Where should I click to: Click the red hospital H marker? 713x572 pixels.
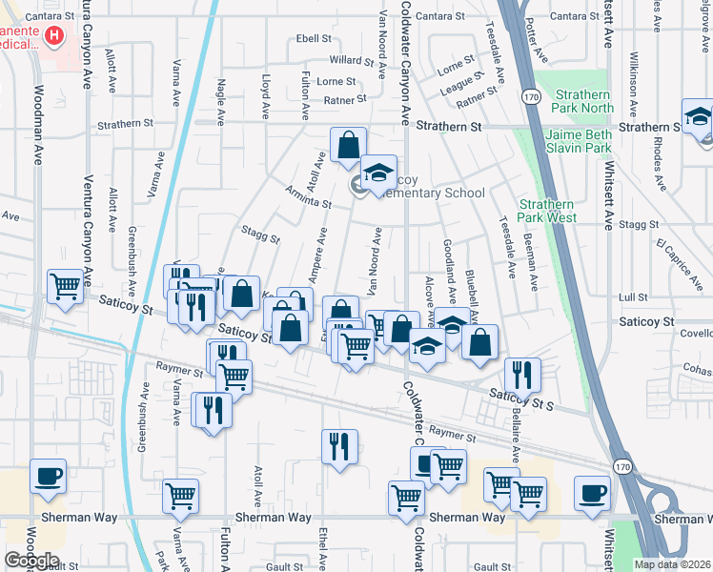(x=54, y=37)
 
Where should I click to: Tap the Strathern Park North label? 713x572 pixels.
(x=573, y=101)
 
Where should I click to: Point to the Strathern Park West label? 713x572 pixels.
(x=548, y=211)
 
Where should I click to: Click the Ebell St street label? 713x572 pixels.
(x=314, y=39)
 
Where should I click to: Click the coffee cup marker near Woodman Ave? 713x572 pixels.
(x=48, y=476)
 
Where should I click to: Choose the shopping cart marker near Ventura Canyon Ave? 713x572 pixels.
(x=66, y=286)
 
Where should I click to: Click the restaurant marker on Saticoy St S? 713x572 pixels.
(x=522, y=374)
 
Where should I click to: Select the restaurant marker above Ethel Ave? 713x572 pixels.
(x=339, y=446)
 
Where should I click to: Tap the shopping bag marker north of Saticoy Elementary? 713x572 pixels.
(x=348, y=145)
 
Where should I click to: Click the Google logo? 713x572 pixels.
(x=31, y=561)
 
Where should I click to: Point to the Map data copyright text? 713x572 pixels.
(x=672, y=564)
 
